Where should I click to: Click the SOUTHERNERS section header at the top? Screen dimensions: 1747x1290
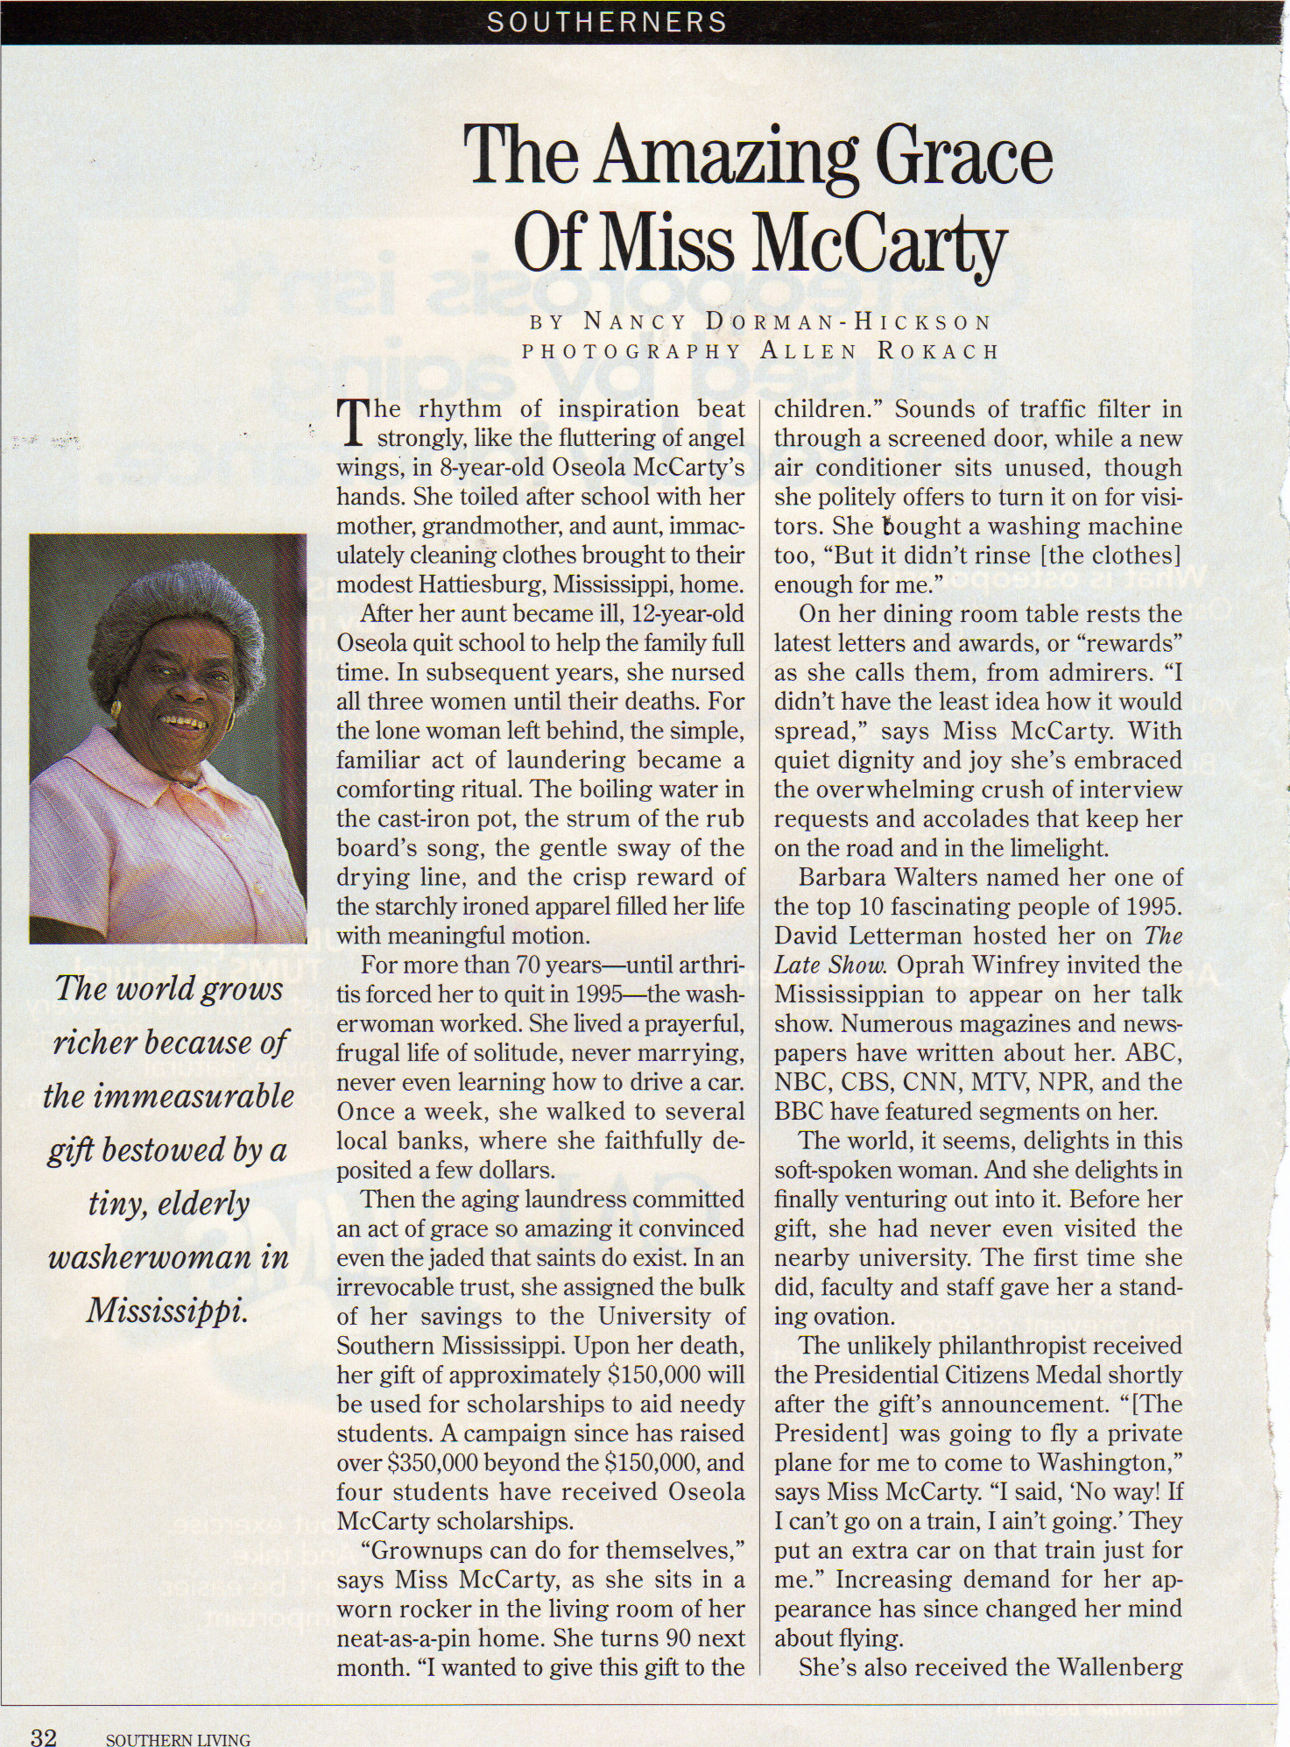point(607,22)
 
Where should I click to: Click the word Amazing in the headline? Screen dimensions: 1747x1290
point(726,156)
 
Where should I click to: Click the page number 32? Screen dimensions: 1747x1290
point(44,1736)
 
